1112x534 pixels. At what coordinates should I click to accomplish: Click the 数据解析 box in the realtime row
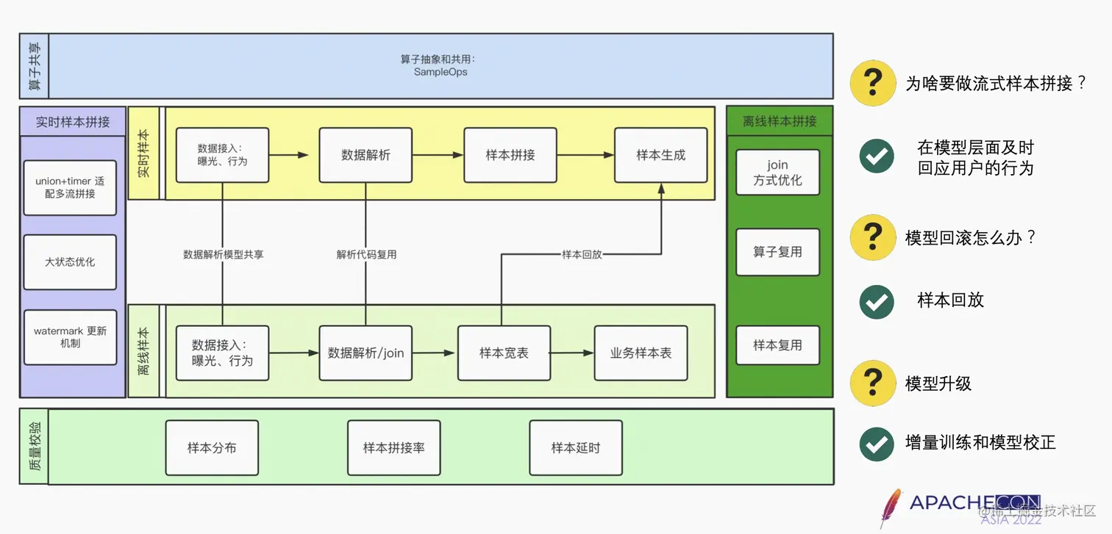click(366, 155)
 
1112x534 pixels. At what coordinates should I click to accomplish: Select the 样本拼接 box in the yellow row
click(510, 155)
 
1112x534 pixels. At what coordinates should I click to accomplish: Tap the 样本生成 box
click(660, 155)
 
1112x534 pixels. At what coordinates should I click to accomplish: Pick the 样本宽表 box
click(504, 353)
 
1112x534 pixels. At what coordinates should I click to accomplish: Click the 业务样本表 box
click(641, 353)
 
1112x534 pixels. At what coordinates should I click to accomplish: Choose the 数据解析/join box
click(366, 353)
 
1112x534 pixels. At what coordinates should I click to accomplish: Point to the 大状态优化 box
click(70, 261)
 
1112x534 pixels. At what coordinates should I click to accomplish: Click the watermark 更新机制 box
click(70, 337)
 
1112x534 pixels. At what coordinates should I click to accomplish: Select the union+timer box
click(70, 187)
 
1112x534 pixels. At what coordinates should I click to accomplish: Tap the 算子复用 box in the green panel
click(777, 252)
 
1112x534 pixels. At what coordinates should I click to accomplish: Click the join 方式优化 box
click(777, 173)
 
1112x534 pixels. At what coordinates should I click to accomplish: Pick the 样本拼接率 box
click(393, 447)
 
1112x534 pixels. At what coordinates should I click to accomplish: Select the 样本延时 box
click(576, 447)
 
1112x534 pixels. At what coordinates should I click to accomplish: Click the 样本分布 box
click(212, 447)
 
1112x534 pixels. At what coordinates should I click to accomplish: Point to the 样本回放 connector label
click(582, 255)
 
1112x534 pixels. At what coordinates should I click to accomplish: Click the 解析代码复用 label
click(366, 255)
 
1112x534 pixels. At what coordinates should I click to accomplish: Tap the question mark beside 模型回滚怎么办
click(872, 237)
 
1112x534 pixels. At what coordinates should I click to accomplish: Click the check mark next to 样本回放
click(877, 301)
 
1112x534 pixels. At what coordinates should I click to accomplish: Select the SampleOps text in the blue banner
click(441, 72)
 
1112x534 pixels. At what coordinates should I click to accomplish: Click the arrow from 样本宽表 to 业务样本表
click(572, 353)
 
